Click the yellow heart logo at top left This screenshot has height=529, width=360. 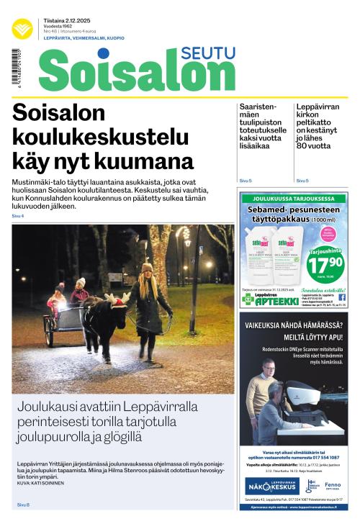22,29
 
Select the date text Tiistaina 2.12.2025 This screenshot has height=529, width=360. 63,20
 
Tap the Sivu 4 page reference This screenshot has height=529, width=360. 17,216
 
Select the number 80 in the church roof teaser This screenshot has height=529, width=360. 305,145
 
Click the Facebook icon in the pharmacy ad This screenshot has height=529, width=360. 341,297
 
